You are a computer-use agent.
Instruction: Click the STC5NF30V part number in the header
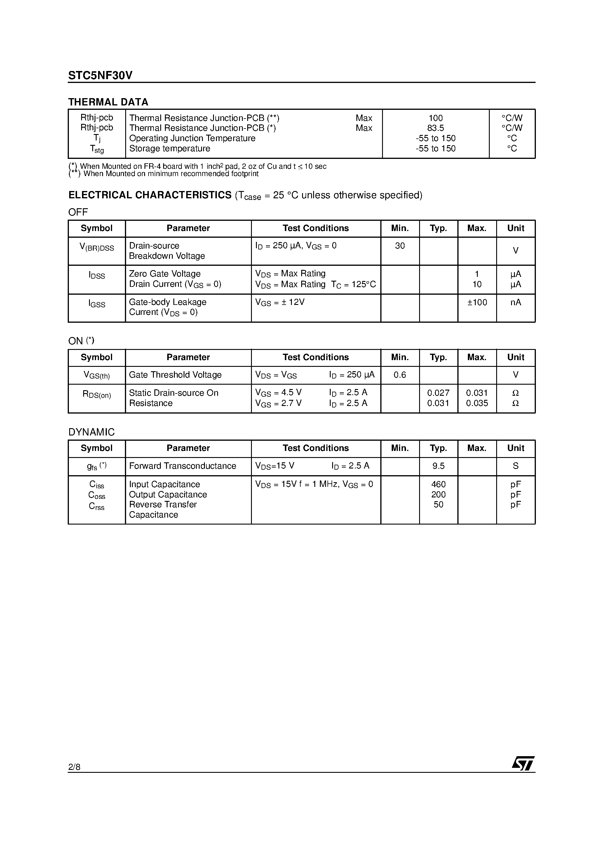point(100,76)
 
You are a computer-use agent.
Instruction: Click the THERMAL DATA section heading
point(108,102)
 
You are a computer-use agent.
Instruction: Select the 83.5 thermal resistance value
point(435,128)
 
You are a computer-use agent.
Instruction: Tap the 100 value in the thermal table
point(435,118)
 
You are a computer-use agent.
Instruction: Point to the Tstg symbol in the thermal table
point(97,149)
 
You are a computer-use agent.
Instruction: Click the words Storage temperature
point(170,148)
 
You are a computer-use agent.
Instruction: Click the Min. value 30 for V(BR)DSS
point(400,246)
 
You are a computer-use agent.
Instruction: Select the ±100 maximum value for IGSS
point(477,302)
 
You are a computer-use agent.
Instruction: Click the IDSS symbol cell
point(97,275)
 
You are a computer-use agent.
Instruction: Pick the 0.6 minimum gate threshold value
point(400,375)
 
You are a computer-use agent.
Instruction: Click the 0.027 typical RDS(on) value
point(438,393)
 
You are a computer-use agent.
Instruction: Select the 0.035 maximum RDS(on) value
point(477,403)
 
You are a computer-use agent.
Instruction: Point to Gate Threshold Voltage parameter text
point(175,375)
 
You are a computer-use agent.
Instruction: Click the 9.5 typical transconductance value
point(438,466)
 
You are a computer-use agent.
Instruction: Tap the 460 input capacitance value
point(438,484)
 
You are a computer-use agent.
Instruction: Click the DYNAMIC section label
point(91,432)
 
